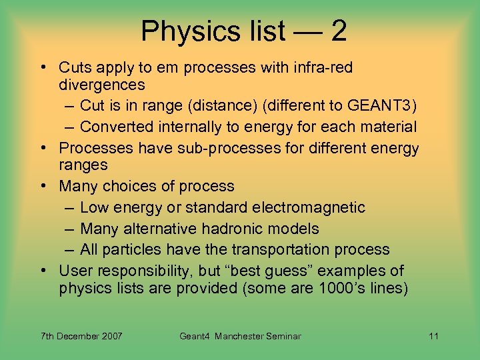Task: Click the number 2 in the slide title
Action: pos(337,31)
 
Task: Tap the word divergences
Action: pos(102,85)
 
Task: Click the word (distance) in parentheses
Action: pos(220,105)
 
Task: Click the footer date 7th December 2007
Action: pos(81,336)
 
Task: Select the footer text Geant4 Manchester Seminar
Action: pos(240,336)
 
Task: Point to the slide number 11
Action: pos(433,336)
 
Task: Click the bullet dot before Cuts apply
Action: pos(42,67)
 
